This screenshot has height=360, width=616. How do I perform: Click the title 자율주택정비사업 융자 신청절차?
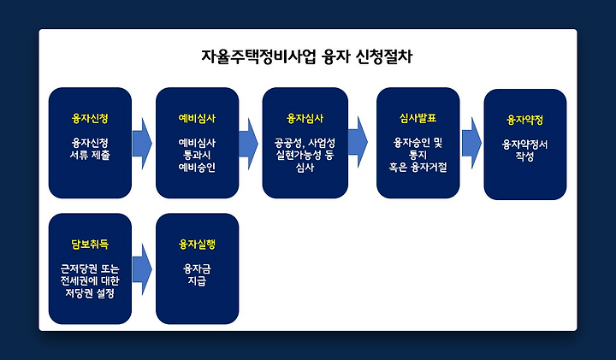tap(307, 57)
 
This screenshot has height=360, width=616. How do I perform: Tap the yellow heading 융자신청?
tap(90, 119)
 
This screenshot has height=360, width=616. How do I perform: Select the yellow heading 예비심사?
tap(197, 119)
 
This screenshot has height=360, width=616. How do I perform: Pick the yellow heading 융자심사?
tap(305, 119)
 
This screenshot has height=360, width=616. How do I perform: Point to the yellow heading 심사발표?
tap(418, 119)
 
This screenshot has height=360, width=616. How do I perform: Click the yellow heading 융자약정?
tap(524, 120)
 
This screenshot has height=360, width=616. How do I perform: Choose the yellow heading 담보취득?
tap(90, 245)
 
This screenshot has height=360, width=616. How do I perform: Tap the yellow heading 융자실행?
tap(197, 245)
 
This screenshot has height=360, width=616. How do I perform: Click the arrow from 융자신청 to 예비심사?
tap(142, 144)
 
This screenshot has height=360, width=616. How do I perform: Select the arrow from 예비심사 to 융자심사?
tap(249, 144)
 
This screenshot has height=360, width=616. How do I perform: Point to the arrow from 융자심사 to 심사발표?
tap(358, 143)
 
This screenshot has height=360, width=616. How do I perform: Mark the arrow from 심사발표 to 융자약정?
tap(471, 143)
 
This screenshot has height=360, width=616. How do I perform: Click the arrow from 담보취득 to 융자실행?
tap(142, 269)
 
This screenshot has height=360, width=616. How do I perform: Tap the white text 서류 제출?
tap(90, 155)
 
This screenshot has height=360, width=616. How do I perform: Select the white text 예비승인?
tap(197, 168)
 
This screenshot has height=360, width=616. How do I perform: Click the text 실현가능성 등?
tap(305, 155)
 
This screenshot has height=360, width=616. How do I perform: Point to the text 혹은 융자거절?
tap(418, 168)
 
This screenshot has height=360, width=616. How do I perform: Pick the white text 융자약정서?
tap(524, 145)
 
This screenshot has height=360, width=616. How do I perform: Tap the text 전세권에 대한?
tap(90, 281)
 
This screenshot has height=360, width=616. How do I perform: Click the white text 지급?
tap(197, 281)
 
